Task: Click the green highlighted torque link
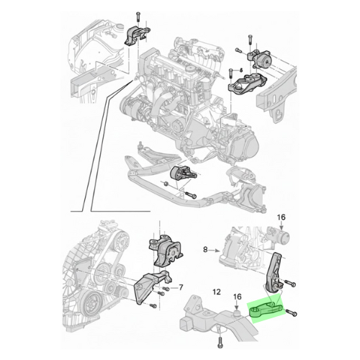pyautogui.click(x=265, y=310)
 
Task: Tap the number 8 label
pyautogui.click(x=205, y=250)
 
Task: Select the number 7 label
pyautogui.click(x=181, y=287)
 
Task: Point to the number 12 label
pyautogui.click(x=217, y=292)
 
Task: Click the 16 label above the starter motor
pyautogui.click(x=282, y=217)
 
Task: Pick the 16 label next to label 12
pyautogui.click(x=237, y=297)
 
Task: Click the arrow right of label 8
pyautogui.click(x=215, y=251)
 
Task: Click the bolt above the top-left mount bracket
pyautogui.click(x=138, y=16)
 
